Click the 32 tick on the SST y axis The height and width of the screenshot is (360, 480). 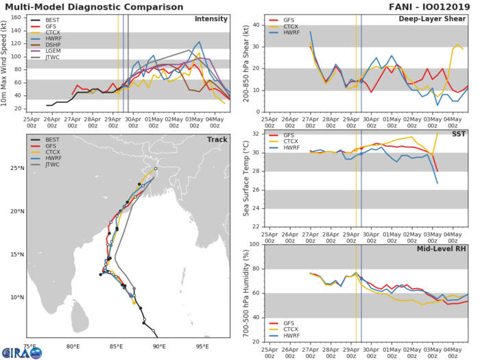[x=254, y=133]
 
